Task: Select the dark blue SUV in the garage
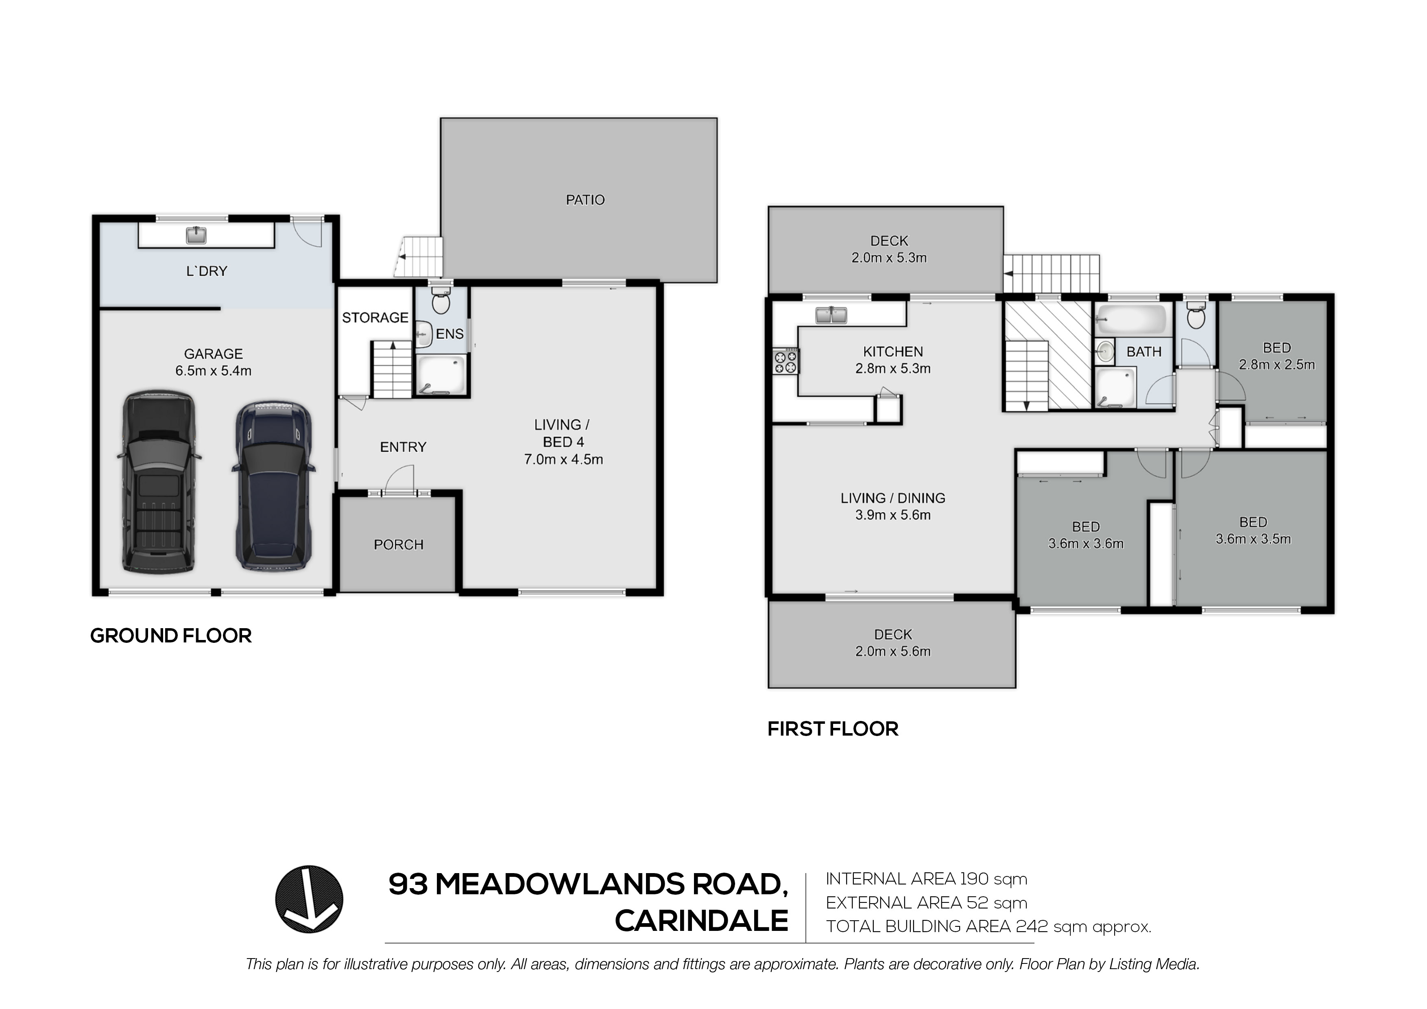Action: click(274, 485)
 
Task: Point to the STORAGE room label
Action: click(375, 318)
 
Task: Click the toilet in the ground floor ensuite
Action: click(441, 302)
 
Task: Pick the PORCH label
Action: click(398, 545)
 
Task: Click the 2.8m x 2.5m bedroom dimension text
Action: click(1276, 365)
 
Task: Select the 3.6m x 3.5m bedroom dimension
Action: click(1253, 539)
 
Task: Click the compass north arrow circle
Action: click(309, 899)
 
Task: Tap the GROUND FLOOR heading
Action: click(171, 636)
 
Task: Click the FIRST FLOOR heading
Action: click(833, 729)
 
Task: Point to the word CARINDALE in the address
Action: click(702, 921)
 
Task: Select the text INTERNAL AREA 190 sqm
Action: click(926, 879)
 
